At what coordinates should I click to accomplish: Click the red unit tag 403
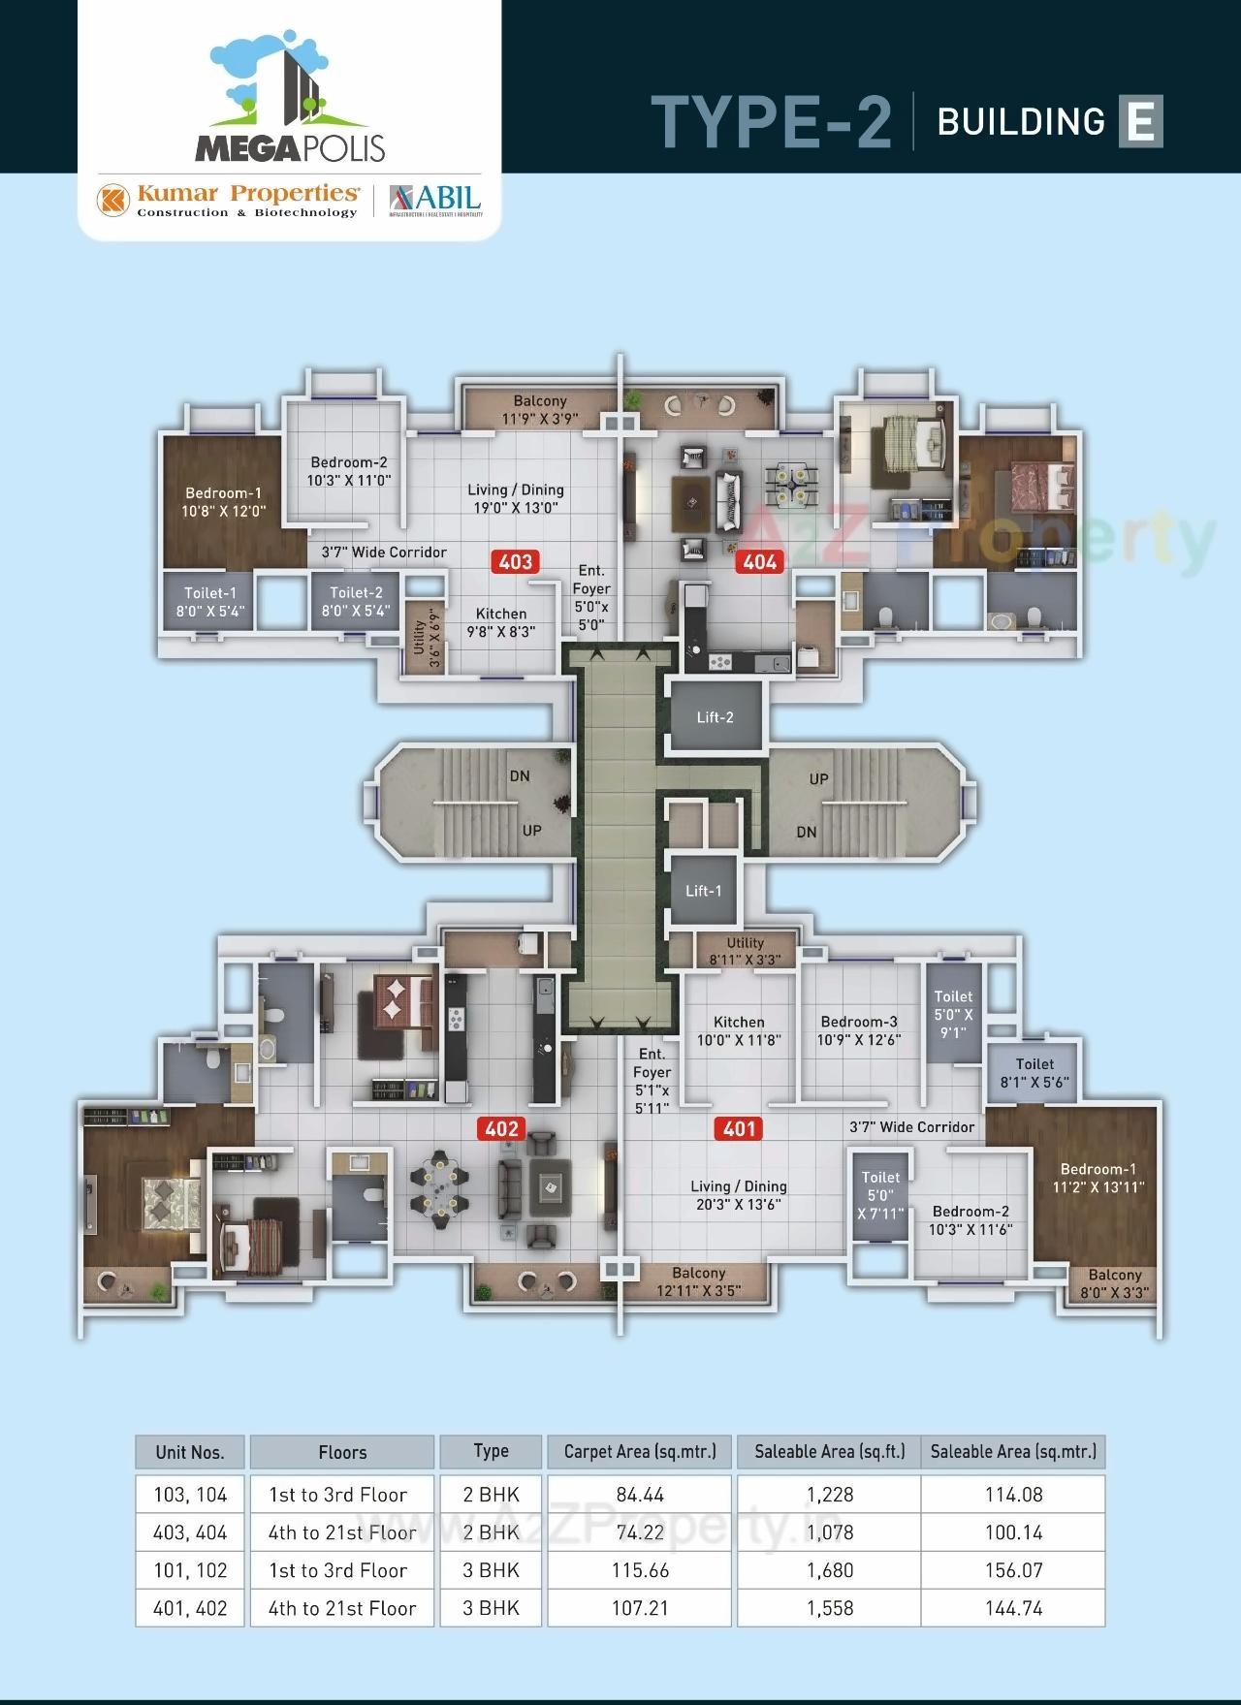(516, 561)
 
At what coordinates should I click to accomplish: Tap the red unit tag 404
(760, 561)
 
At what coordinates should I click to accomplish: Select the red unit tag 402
(501, 1128)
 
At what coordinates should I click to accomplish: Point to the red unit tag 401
(739, 1128)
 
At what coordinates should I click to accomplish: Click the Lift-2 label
(716, 717)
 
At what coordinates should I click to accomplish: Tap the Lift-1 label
(704, 891)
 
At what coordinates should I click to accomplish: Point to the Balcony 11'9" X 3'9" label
(540, 410)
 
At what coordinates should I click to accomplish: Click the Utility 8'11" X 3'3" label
(745, 951)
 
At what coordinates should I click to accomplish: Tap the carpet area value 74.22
(640, 1532)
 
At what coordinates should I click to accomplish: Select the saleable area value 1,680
(830, 1570)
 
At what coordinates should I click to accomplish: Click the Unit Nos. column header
(190, 1452)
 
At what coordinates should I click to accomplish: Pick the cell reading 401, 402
(190, 1608)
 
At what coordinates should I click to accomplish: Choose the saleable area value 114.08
(1013, 1495)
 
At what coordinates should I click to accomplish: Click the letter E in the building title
(1140, 121)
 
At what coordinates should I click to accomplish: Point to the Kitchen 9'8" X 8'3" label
(501, 622)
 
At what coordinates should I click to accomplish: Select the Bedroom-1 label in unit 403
(223, 502)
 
